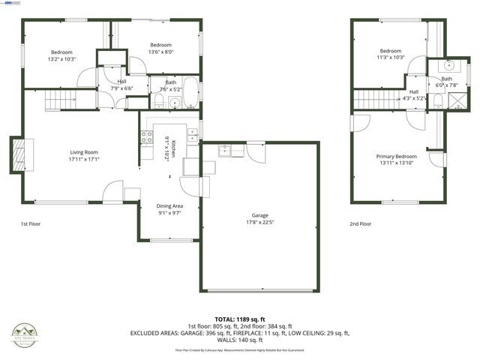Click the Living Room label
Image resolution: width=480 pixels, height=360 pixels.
84,151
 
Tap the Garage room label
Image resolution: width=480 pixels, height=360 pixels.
259,214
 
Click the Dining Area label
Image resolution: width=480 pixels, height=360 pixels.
169,205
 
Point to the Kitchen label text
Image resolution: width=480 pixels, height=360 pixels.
174,147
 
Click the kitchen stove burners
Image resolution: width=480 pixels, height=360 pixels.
147,137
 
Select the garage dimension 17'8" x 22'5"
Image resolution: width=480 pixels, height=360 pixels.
259,221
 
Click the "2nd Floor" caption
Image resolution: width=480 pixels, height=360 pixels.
360,223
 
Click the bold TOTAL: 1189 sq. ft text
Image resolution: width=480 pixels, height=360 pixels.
239,319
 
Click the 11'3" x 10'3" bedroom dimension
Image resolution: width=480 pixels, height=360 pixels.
391,57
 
